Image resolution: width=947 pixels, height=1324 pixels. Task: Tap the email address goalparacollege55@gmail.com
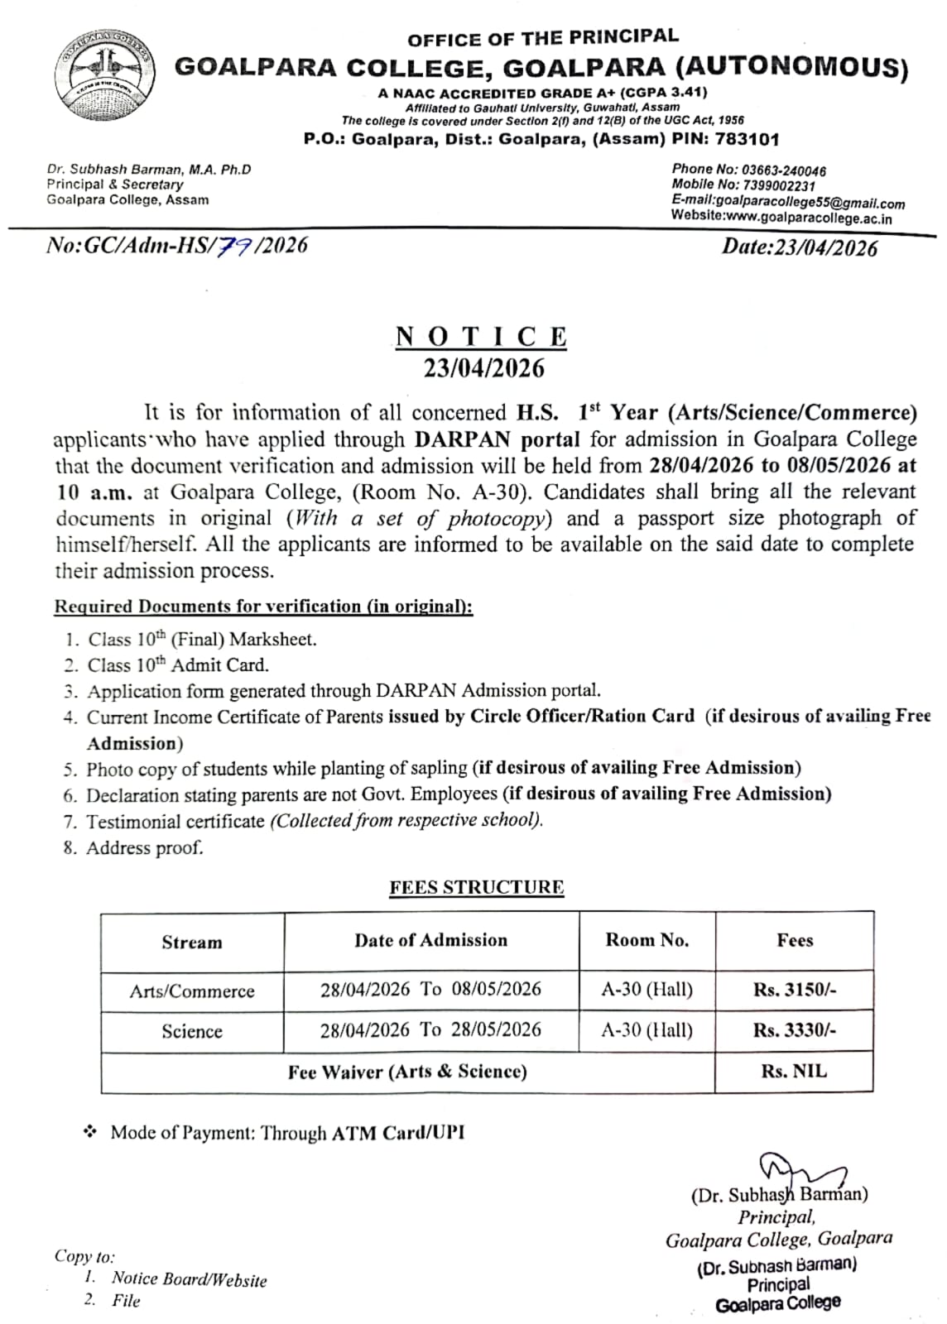pos(810,203)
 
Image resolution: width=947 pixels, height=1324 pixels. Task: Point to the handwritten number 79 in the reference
pos(236,245)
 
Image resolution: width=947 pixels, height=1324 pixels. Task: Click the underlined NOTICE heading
pos(482,337)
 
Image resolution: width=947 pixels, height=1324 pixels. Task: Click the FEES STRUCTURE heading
pos(477,887)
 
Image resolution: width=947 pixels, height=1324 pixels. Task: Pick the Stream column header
pos(192,942)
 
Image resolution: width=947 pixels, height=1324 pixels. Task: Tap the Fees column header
pos(795,940)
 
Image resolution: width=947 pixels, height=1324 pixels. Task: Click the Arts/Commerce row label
pos(192,991)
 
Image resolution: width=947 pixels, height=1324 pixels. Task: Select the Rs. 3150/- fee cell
pos(795,990)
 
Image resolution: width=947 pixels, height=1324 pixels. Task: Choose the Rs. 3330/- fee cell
pos(795,1030)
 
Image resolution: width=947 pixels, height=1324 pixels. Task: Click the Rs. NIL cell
pos(794,1071)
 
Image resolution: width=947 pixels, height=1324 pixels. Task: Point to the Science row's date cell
pos(431,1029)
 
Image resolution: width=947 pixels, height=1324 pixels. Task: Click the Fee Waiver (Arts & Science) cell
pos(407,1072)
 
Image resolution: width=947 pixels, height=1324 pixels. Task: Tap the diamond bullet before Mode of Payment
pos(90,1131)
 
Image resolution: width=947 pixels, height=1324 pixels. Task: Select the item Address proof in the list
pos(144,847)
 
